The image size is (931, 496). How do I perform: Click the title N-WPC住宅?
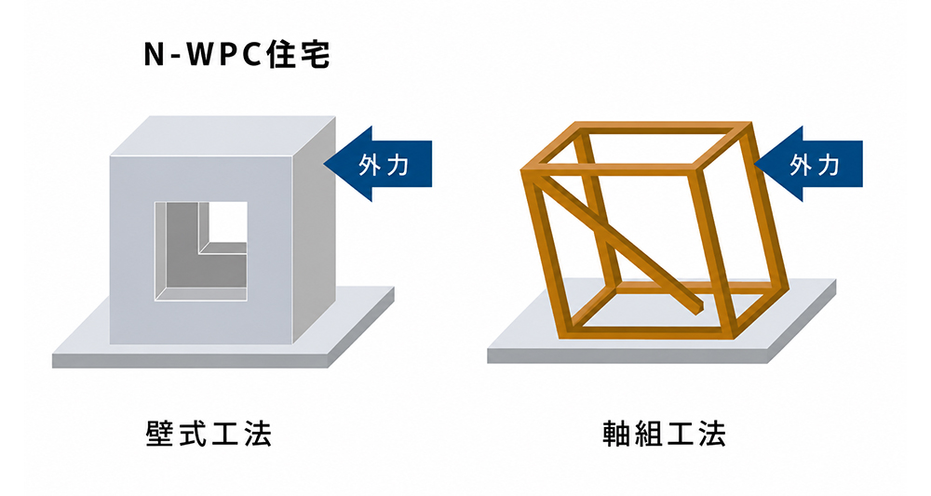coord(236,55)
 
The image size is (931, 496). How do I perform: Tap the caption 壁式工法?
coord(209,434)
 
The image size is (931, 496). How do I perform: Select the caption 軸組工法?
coord(664,434)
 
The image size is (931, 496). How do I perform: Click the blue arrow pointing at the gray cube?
coord(378,164)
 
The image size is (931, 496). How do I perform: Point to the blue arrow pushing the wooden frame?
coord(808,164)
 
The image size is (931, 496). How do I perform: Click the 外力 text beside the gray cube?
coord(385,164)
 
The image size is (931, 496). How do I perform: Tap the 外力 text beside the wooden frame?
coord(815,164)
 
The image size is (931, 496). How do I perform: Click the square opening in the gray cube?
coord(201,251)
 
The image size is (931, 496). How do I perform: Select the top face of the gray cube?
coord(223,136)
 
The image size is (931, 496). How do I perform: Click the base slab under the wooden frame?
coord(661,332)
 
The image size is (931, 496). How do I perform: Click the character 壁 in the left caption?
coord(160,434)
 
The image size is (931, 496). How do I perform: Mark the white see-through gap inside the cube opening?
coord(228,221)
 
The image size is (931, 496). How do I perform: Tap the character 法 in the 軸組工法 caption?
coord(712,434)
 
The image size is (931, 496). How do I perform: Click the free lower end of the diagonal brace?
coord(699,306)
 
